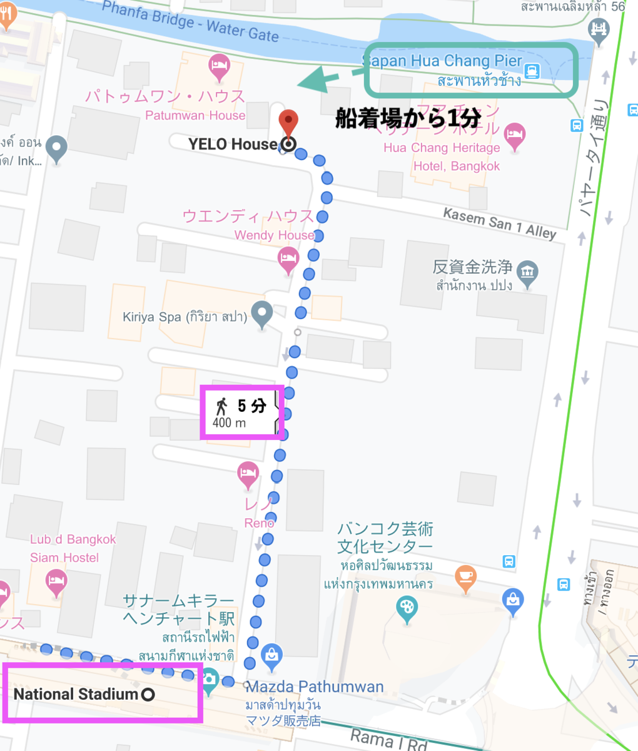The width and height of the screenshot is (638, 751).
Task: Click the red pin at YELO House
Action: (287, 121)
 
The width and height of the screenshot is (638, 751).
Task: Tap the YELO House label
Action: (233, 145)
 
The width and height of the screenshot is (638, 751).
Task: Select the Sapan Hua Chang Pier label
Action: (443, 61)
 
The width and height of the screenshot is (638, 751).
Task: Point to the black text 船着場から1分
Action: (408, 118)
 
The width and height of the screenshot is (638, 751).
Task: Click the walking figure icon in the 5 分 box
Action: (221, 406)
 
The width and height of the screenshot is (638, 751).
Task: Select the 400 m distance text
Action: (229, 423)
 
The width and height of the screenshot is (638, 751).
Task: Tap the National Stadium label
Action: (76, 694)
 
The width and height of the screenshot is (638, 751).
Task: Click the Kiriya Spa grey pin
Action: (261, 314)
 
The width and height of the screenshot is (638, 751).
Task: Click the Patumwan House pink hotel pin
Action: (219, 66)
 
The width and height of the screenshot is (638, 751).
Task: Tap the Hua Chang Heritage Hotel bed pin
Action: (514, 136)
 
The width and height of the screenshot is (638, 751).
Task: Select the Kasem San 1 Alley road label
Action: (499, 223)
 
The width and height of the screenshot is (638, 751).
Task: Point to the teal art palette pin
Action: (407, 608)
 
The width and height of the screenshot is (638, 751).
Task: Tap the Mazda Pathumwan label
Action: (315, 687)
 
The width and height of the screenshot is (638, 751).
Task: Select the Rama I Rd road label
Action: (388, 740)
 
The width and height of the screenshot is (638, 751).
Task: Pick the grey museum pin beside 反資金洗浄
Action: (528, 273)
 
